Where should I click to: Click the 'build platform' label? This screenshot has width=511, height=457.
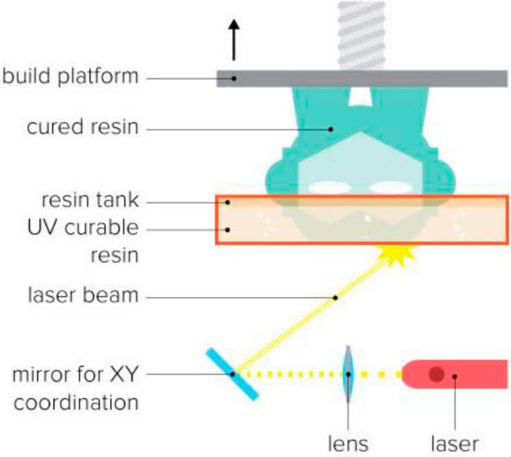[x=70, y=77]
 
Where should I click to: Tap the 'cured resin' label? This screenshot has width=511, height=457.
[x=83, y=128]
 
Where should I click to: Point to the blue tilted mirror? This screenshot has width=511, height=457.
[x=233, y=373]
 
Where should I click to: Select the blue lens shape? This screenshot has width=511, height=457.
[x=349, y=374]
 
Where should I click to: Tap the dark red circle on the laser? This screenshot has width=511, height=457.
[x=436, y=374]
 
